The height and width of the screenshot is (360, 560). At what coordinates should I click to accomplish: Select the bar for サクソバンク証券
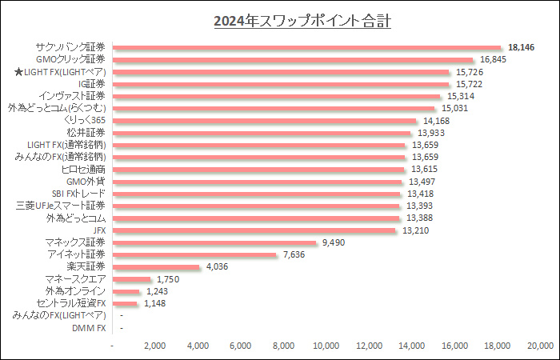click(307, 47)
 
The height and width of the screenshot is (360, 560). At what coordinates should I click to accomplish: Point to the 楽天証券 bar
click(157, 266)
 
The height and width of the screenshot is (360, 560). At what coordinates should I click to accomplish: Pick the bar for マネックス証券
click(215, 242)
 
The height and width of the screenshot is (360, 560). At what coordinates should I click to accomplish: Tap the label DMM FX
click(89, 328)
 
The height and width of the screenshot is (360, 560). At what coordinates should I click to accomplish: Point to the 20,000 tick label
click(540, 346)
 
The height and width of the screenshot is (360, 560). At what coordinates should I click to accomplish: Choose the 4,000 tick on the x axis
click(198, 346)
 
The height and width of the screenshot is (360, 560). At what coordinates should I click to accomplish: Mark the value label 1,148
click(152, 303)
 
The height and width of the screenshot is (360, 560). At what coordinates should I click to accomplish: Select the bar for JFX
click(255, 230)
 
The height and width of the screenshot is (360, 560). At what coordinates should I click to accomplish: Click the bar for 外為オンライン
click(126, 291)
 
